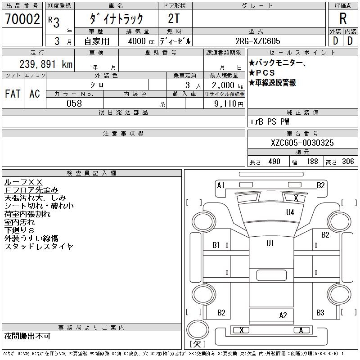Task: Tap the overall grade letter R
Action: pyautogui.click(x=343, y=19)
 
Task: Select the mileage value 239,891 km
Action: pyautogui.click(x=46, y=64)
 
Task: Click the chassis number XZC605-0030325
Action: pyautogui.click(x=302, y=143)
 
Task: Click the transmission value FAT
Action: pyautogui.click(x=13, y=94)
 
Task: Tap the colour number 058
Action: pyautogui.click(x=74, y=103)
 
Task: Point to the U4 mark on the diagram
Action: pyautogui.click(x=290, y=212)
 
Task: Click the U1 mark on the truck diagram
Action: pyautogui.click(x=270, y=243)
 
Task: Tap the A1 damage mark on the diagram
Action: pyautogui.click(x=220, y=185)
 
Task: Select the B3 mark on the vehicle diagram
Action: pyautogui.click(x=320, y=312)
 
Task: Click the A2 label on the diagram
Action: pyautogui.click(x=283, y=315)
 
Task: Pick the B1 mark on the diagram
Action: pyautogui.click(x=216, y=245)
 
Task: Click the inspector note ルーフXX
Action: pyautogui.click(x=23, y=182)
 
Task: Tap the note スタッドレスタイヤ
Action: pyautogui.click(x=39, y=247)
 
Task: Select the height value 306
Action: pyautogui.click(x=348, y=162)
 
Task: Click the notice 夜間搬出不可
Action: pyautogui.click(x=27, y=336)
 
